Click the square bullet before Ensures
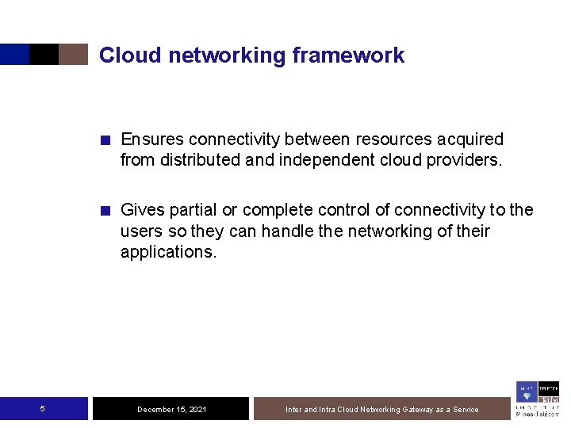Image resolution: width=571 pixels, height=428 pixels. (105, 140)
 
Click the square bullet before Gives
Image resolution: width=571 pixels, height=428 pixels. (105, 211)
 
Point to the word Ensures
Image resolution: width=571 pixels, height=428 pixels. (151, 139)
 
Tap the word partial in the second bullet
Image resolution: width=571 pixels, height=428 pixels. (188, 210)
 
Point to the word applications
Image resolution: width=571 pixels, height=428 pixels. (168, 252)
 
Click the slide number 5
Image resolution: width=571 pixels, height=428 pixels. (42, 409)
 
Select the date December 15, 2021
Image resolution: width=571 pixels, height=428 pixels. (172, 410)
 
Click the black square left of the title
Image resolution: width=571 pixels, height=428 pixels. (44, 54)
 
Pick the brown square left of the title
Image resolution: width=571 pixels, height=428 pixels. (73, 54)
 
